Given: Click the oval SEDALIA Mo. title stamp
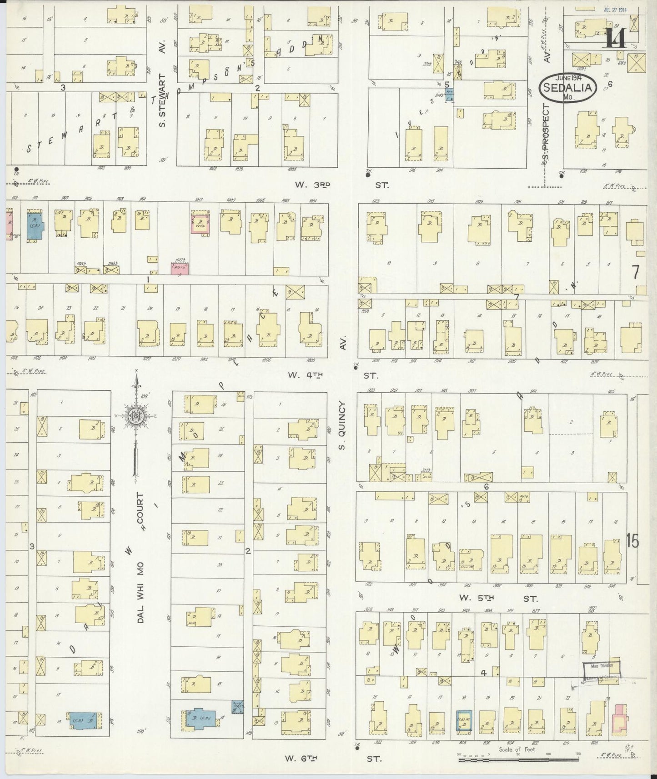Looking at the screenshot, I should pos(568,87).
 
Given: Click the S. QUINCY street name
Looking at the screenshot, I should pos(342,425).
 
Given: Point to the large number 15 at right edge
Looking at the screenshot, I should pos(632,541).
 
